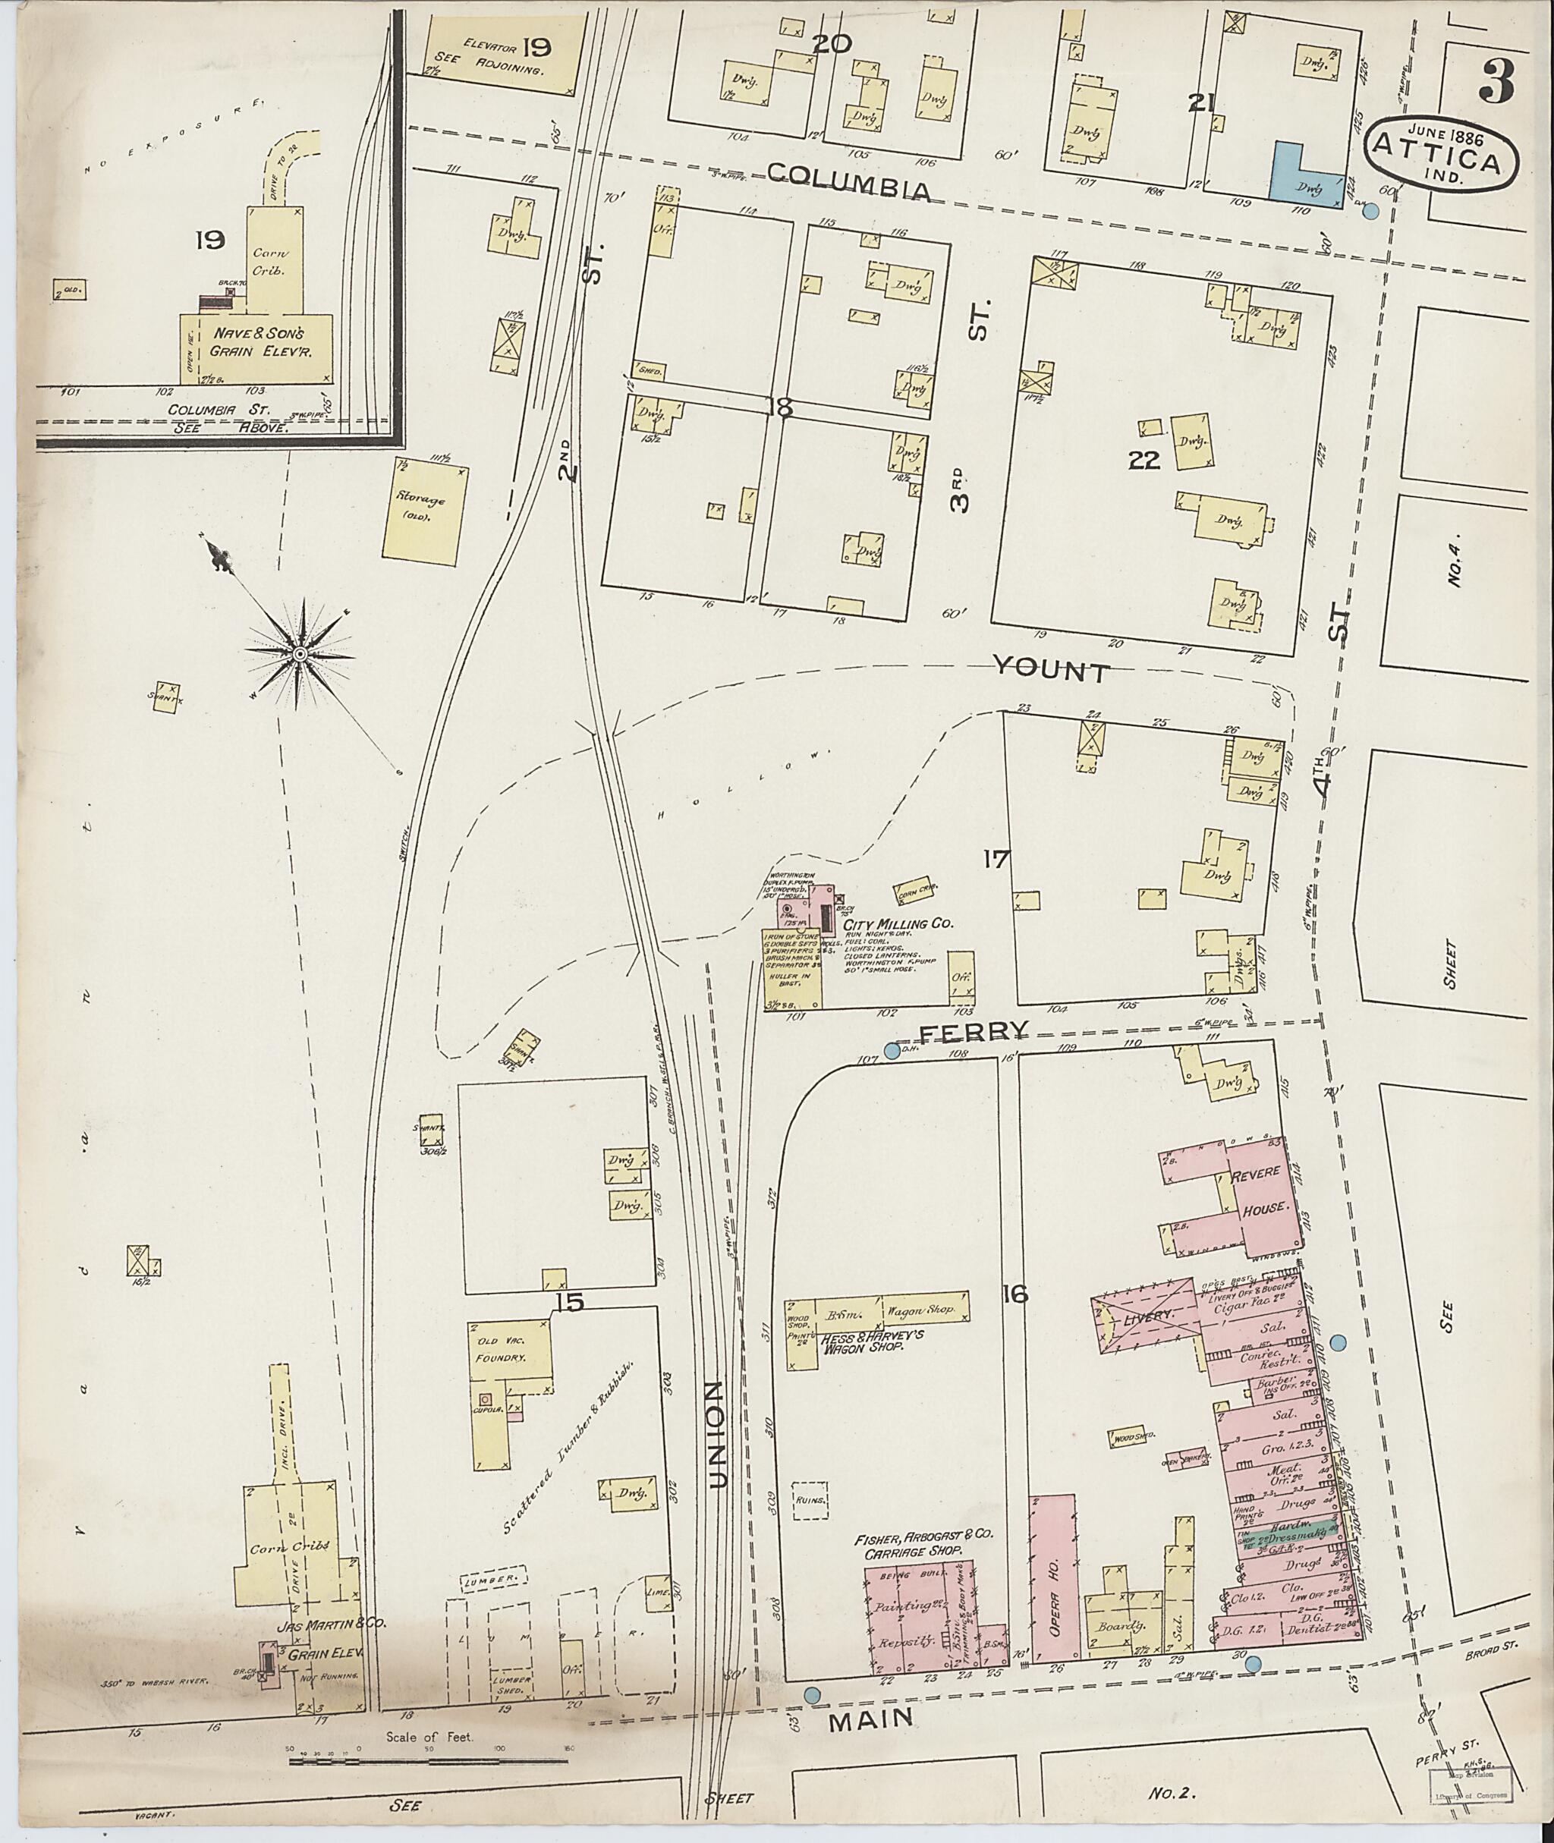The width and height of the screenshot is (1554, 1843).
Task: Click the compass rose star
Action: point(300,654)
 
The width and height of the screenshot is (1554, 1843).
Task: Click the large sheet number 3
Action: point(1495,83)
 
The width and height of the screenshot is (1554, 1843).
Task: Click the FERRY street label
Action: point(974,1032)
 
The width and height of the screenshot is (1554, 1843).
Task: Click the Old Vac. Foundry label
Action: point(502,1351)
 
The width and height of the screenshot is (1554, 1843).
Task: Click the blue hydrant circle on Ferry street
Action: point(892,1050)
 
